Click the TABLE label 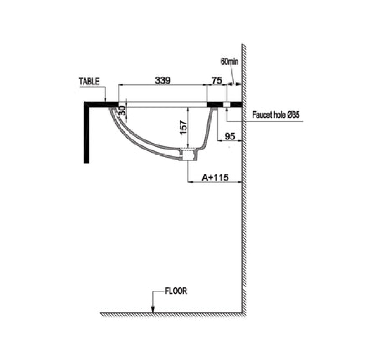click(89, 81)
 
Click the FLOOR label click(176, 291)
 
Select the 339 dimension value click(163, 80)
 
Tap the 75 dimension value click(217, 80)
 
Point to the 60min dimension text click(230, 61)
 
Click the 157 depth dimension click(183, 127)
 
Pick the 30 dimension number click(123, 111)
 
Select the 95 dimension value click(230, 136)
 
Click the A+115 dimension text click(215, 178)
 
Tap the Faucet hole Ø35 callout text click(276, 115)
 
